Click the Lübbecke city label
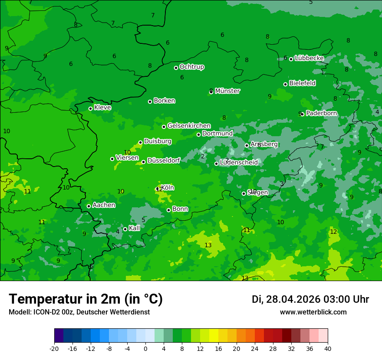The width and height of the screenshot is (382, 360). pyautogui.click(x=309, y=58)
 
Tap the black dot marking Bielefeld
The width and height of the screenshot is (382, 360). pyautogui.click(x=285, y=84)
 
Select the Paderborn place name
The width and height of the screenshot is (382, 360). pyautogui.click(x=321, y=113)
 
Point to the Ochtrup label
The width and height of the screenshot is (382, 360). pyautogui.click(x=191, y=67)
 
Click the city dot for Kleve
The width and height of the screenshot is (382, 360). pyautogui.click(x=90, y=108)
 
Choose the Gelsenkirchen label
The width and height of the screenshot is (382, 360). pyautogui.click(x=189, y=126)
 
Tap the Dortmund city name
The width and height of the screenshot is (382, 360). pyautogui.click(x=217, y=134)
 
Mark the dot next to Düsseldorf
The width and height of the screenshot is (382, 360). pyautogui.click(x=143, y=162)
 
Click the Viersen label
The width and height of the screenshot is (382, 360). pyautogui.click(x=127, y=158)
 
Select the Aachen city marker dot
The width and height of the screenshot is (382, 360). pyautogui.click(x=89, y=206)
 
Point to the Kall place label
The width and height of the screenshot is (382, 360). pyautogui.click(x=134, y=228)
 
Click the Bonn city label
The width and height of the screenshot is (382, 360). pyautogui.click(x=180, y=209)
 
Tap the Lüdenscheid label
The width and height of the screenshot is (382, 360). pyautogui.click(x=239, y=163)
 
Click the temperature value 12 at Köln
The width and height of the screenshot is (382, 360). pyautogui.click(x=159, y=189)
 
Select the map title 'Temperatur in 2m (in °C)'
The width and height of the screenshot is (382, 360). pyautogui.click(x=86, y=299)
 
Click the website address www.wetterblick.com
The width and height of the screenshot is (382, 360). pyautogui.click(x=313, y=312)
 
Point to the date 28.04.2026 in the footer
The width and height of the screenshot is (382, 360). pyautogui.click(x=292, y=299)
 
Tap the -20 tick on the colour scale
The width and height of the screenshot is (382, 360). pyautogui.click(x=54, y=348)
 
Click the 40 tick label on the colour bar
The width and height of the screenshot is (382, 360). pyautogui.click(x=328, y=348)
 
